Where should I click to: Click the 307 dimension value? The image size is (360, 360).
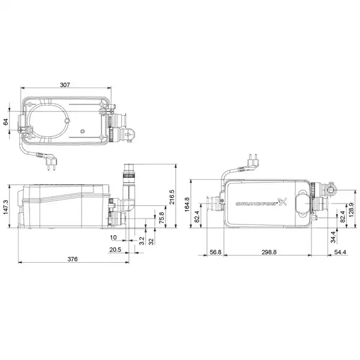[x=65, y=85]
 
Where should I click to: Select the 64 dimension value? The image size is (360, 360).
[x=6, y=122]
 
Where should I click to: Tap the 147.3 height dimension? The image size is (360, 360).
[x=6, y=208]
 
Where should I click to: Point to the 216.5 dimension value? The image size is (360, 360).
[x=172, y=197]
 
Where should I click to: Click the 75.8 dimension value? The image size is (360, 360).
[x=161, y=218]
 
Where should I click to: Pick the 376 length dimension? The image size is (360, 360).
[x=73, y=259]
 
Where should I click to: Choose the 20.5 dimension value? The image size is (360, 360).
[x=115, y=250]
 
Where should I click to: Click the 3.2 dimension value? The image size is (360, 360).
[x=142, y=241]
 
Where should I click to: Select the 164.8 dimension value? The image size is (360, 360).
[x=187, y=204]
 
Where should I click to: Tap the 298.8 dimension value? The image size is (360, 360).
[x=269, y=252]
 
